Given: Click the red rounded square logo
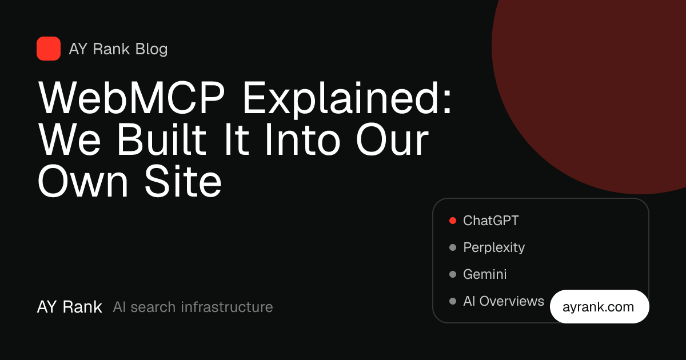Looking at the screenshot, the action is coord(49,49).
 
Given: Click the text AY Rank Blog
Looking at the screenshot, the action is coord(118,49).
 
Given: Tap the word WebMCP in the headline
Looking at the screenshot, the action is coord(131,98).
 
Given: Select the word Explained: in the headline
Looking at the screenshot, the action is coord(348,99).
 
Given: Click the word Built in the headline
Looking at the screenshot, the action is coord(162,139).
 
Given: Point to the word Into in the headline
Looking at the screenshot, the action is coord(302,139).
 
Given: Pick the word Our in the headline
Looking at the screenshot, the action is coord(392,139).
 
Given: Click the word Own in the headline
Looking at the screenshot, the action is coord(83,181).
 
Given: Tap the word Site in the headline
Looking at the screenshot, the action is coord(183,181).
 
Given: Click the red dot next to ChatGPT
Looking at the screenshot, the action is coord(453,221).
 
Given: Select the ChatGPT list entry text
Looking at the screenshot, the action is coord(491,221).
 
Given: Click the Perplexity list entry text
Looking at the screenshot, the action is coord(494,247).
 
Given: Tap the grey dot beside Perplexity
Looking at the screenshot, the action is coord(453,247).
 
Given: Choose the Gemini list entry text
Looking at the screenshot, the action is coord(485,274).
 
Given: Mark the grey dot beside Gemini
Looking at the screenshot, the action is coord(453,274).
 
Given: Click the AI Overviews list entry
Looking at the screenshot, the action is coord(504,301).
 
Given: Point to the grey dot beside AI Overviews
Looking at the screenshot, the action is coord(453,301).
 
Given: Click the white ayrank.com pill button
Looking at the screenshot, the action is coord(599,306).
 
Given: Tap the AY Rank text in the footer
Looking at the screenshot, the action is coord(70,307).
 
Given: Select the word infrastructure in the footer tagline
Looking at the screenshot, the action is coord(226,307).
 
